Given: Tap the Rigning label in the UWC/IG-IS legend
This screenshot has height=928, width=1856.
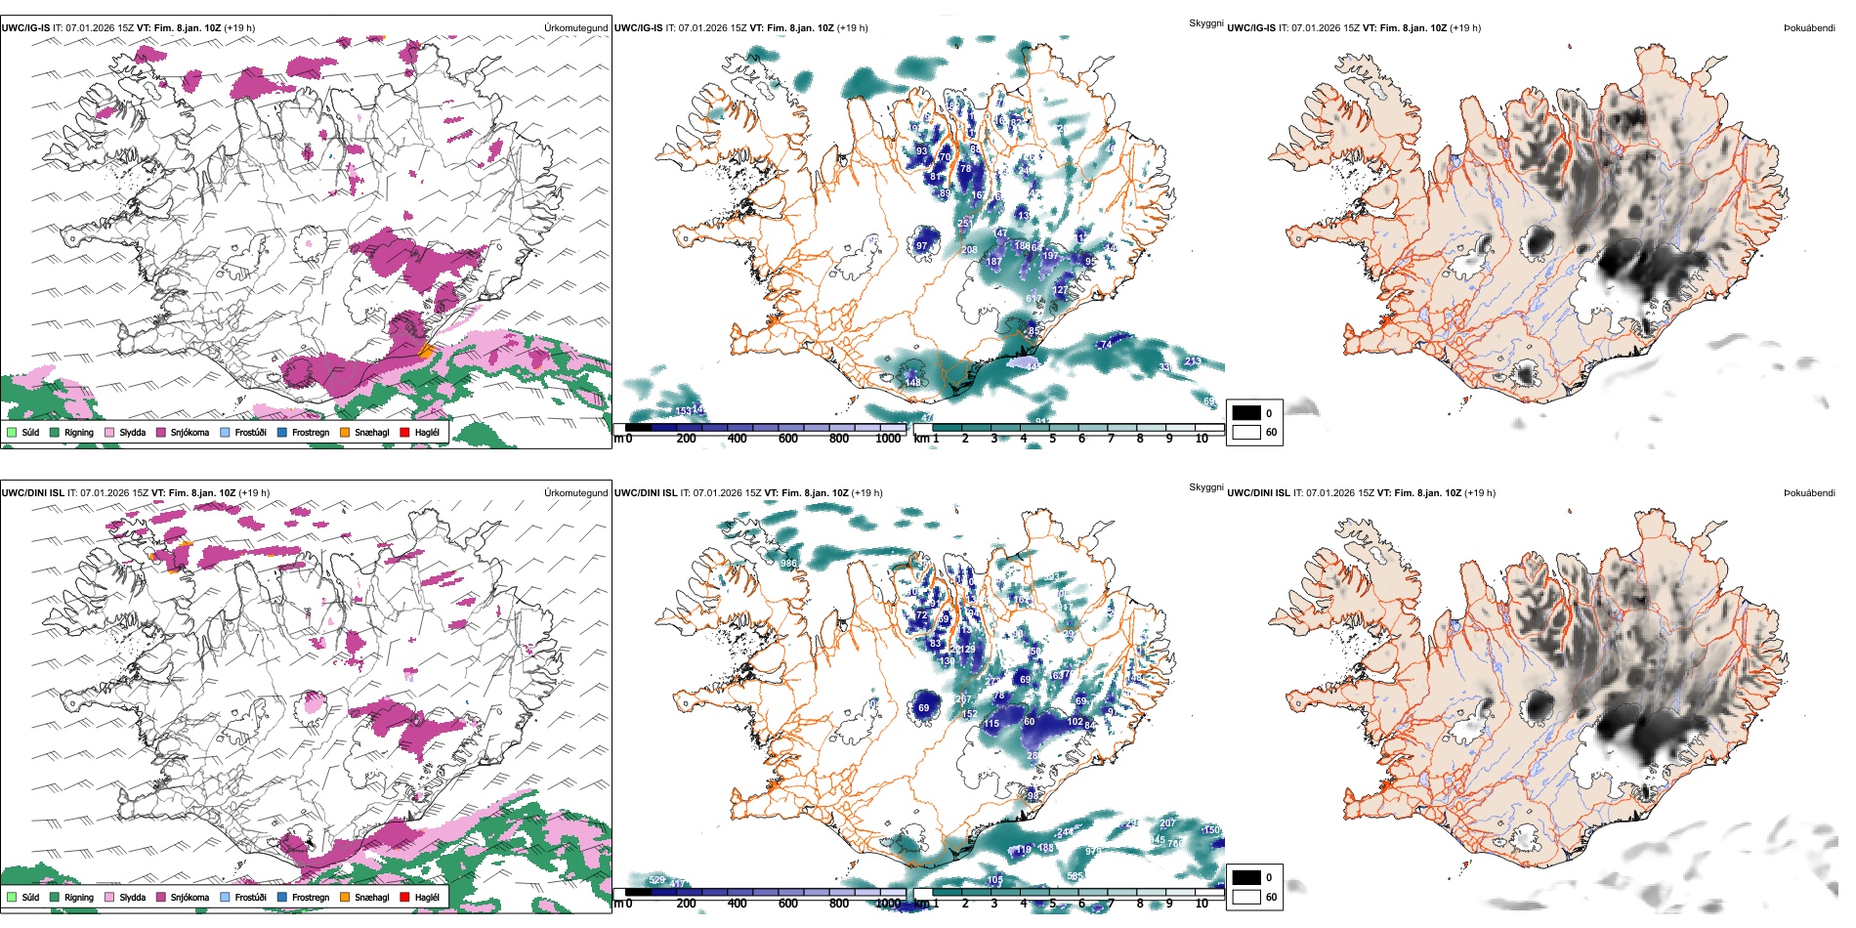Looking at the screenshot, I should tap(79, 432).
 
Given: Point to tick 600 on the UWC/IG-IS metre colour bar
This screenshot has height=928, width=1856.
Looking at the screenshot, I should tap(787, 439).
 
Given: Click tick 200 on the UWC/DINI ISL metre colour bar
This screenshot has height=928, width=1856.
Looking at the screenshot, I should tap(686, 904).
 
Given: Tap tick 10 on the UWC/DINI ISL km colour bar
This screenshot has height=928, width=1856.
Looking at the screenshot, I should tap(1202, 904).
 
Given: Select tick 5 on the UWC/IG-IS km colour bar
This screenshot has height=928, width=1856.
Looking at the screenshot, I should tap(1052, 439).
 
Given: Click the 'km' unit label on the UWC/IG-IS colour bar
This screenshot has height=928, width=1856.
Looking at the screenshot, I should tap(920, 439).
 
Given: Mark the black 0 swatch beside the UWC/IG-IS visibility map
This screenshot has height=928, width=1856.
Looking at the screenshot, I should tap(1246, 413).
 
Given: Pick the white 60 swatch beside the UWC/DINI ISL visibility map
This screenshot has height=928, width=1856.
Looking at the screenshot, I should tap(1246, 897).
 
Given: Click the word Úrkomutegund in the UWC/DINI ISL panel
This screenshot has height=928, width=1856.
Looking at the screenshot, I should tap(575, 492).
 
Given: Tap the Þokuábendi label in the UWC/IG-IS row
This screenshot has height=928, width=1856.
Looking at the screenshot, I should tap(1809, 27).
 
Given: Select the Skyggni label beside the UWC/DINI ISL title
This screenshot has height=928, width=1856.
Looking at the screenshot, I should tap(1205, 486).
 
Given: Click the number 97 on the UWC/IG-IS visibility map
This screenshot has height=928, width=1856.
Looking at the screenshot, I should tap(921, 246).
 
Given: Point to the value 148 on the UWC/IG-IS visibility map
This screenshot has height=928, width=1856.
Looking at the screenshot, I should tap(912, 382).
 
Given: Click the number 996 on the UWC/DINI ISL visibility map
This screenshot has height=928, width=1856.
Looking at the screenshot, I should tap(788, 564).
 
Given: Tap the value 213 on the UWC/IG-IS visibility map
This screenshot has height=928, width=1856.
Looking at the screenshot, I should tap(1192, 361).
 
